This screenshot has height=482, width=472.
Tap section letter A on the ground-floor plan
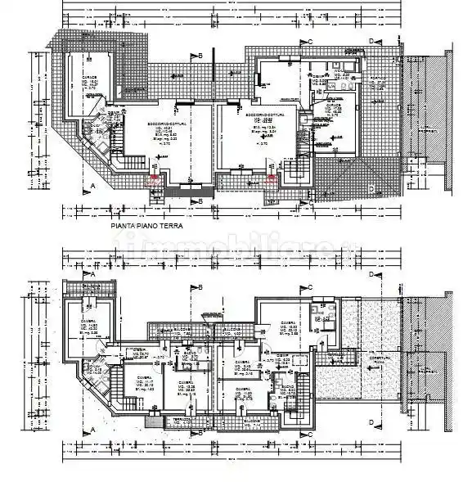point(93,186)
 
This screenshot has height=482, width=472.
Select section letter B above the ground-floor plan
point(200,55)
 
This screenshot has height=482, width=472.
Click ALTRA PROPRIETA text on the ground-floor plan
point(424,131)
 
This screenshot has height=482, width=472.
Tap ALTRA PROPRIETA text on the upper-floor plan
point(424,370)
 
